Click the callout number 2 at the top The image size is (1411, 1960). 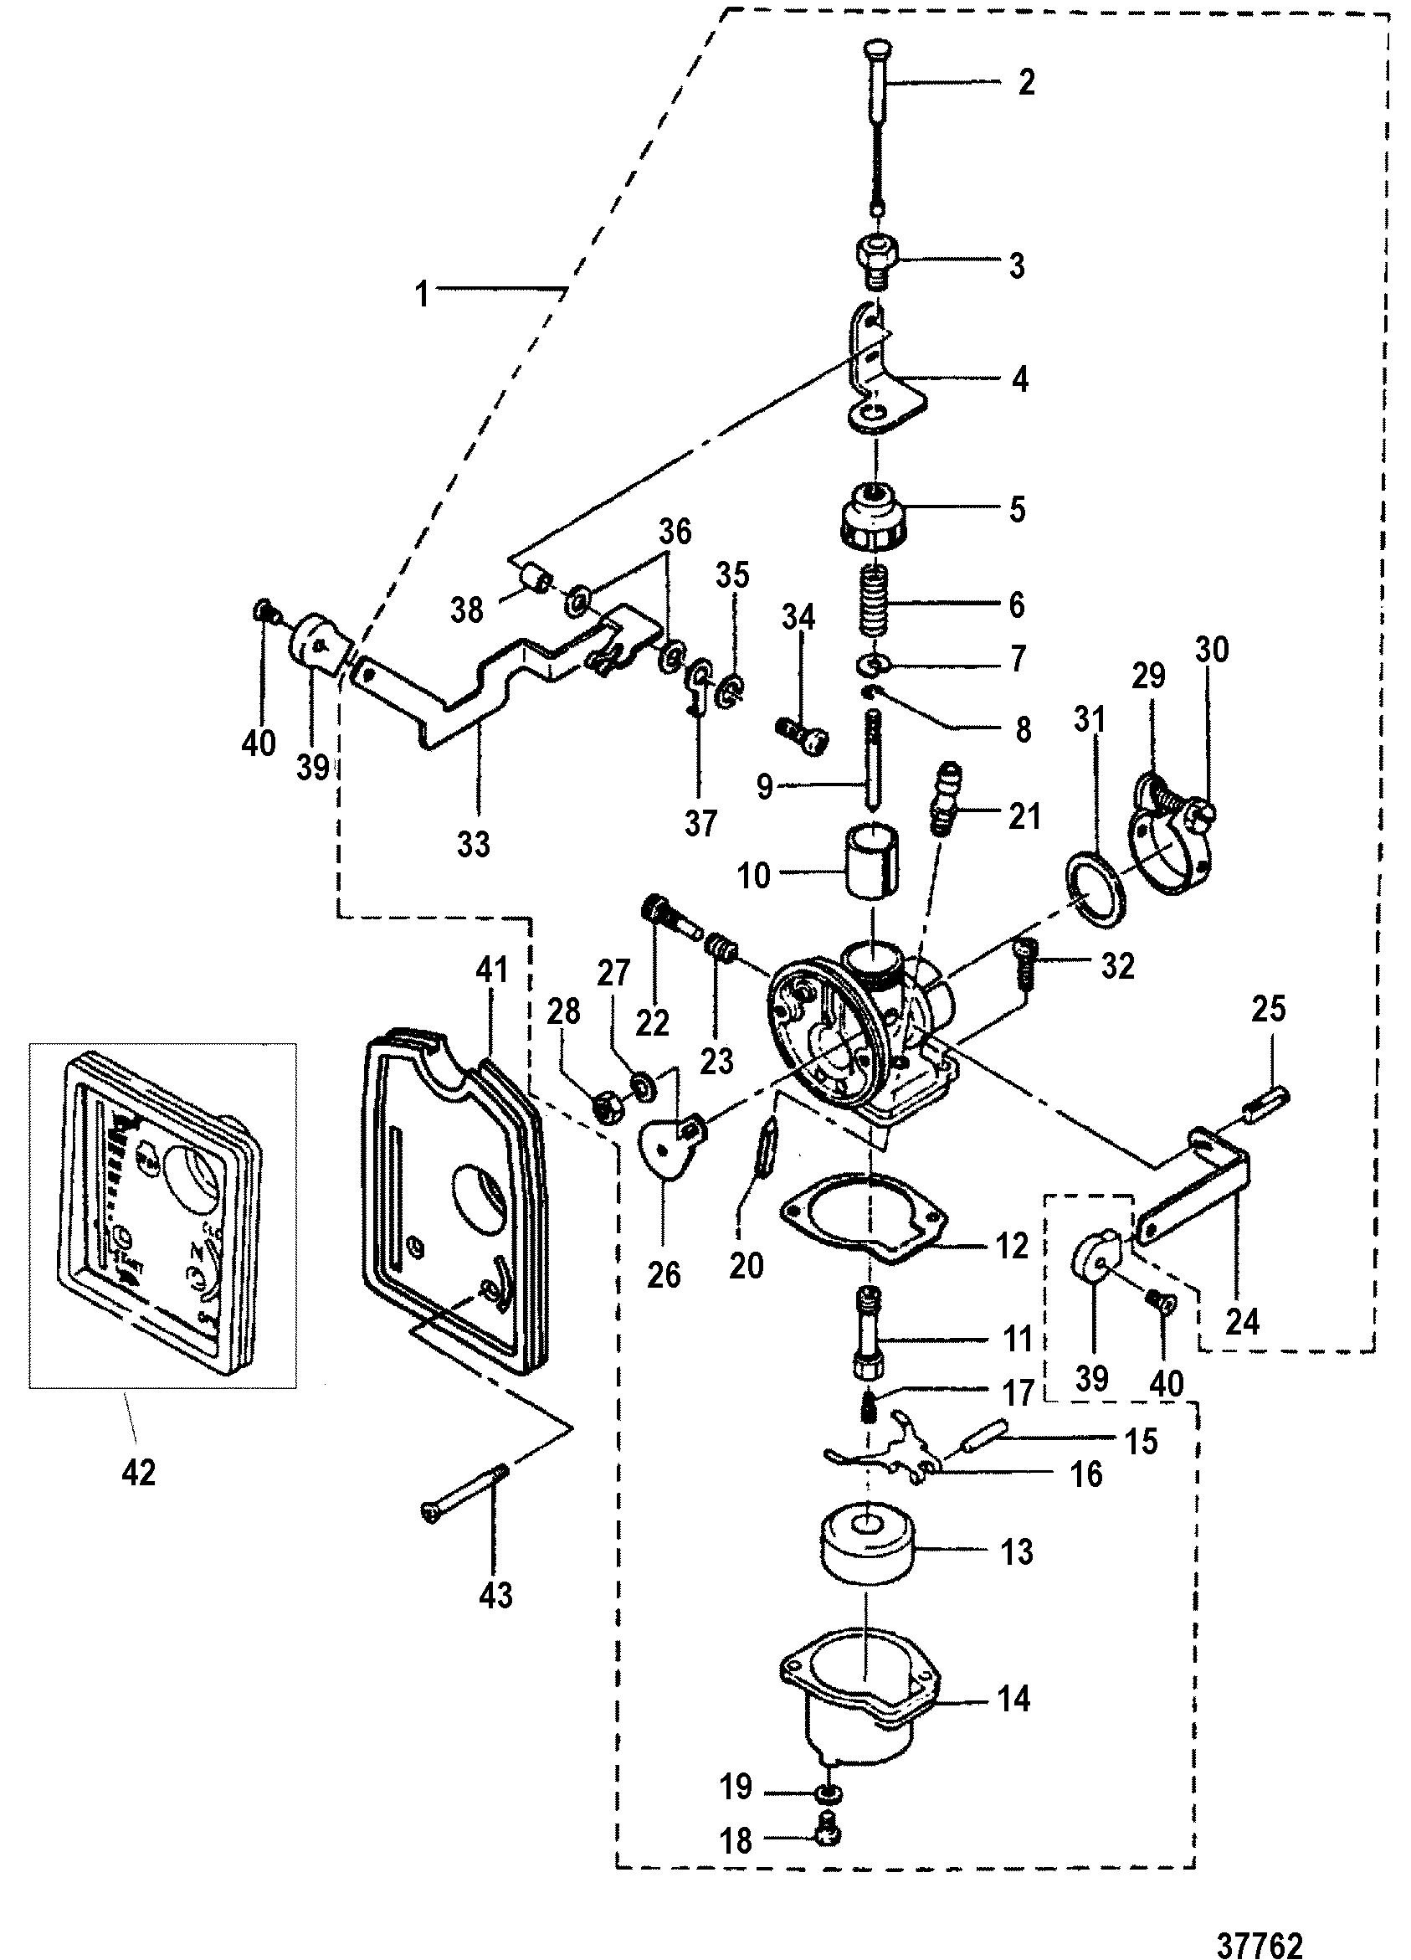(x=1026, y=83)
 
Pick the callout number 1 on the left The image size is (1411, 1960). (x=422, y=294)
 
